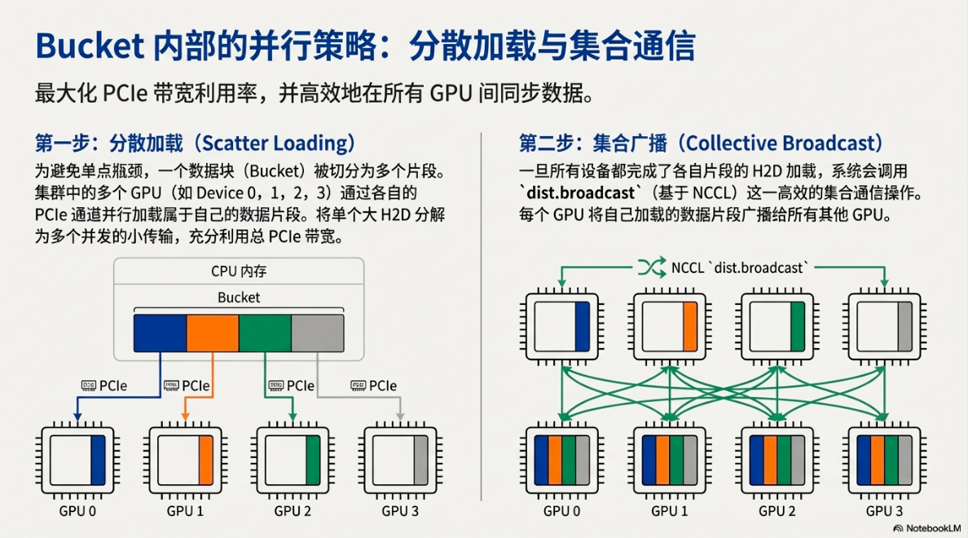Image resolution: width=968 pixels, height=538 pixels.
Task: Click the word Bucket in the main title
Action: pyautogui.click(x=90, y=46)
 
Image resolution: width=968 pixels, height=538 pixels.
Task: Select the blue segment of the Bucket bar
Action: pyautogui.click(x=161, y=333)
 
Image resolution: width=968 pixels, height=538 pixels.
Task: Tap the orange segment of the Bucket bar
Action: pyautogui.click(x=213, y=333)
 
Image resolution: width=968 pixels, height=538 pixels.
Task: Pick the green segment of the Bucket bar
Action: pyautogui.click(x=265, y=333)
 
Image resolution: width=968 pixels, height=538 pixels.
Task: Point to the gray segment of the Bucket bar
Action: pyautogui.click(x=317, y=333)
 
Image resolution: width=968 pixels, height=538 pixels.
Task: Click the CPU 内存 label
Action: pyautogui.click(x=239, y=271)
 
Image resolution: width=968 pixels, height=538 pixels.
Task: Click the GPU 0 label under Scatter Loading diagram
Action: pyautogui.click(x=77, y=511)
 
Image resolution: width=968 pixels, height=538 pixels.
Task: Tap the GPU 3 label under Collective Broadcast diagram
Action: pyautogui.click(x=884, y=511)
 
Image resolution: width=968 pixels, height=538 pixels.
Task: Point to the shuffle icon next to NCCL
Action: pyautogui.click(x=652, y=267)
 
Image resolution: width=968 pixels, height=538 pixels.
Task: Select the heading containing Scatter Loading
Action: pyautogui.click(x=195, y=143)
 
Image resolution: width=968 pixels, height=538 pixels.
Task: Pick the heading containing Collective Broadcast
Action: pyautogui.click(x=702, y=143)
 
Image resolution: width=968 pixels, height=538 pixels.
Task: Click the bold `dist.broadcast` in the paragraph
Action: pyautogui.click(x=580, y=193)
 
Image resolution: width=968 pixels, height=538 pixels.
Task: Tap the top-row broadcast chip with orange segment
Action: pyautogui.click(x=669, y=326)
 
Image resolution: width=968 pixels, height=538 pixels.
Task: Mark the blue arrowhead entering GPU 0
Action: pyautogui.click(x=77, y=417)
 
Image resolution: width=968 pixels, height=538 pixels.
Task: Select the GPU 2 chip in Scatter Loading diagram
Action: pyautogui.click(x=293, y=461)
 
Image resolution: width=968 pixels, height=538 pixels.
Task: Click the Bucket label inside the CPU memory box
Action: pyautogui.click(x=239, y=298)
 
